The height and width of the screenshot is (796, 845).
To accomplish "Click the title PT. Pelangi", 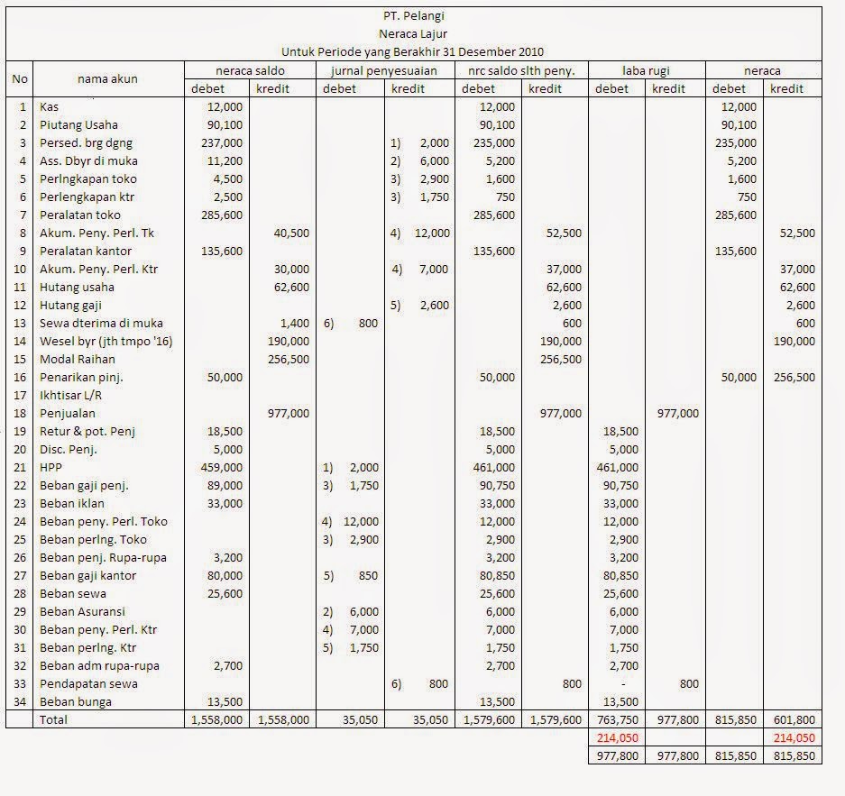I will (413, 15).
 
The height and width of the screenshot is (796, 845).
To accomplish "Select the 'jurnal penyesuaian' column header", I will (384, 70).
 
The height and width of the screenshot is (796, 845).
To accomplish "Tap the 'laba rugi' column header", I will (646, 70).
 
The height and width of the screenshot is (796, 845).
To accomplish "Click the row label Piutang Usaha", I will (79, 124).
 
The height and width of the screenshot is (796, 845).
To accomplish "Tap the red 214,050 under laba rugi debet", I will (618, 737).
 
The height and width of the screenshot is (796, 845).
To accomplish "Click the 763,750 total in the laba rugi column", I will (618, 719).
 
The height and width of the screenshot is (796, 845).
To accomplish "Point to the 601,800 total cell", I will (794, 719).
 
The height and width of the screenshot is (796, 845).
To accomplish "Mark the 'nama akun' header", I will (107, 79).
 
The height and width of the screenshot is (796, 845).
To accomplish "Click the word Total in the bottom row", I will (53, 719).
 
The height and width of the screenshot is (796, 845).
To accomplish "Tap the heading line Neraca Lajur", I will (413, 33).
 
